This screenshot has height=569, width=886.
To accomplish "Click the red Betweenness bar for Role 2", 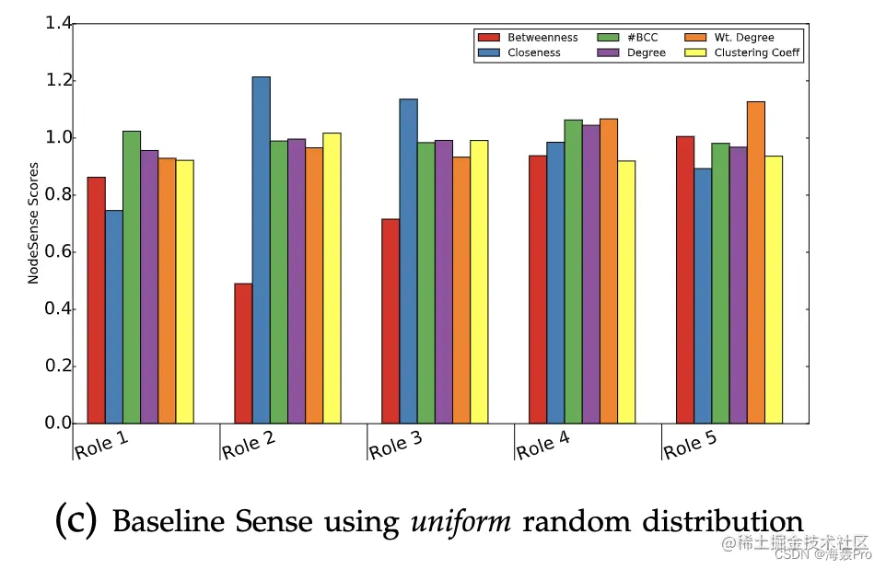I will (243, 354).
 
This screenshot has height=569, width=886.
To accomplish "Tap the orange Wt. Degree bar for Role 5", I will (756, 262).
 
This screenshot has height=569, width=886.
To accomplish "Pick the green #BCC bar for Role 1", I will (132, 277).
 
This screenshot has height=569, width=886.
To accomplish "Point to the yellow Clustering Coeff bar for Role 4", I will (626, 292).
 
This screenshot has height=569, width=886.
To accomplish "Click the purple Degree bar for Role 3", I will (444, 282).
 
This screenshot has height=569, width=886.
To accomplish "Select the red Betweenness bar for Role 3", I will (391, 321).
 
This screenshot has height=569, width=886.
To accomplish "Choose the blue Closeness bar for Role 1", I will (114, 317).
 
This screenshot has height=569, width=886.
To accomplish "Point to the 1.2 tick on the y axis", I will (58, 81).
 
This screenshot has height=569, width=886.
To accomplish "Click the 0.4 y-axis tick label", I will (58, 309).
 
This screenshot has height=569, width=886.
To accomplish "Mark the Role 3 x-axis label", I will (396, 445).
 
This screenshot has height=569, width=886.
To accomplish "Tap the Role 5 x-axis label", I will (690, 445).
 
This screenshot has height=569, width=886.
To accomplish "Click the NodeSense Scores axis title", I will (33, 223).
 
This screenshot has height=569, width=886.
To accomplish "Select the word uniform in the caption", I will (460, 522).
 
